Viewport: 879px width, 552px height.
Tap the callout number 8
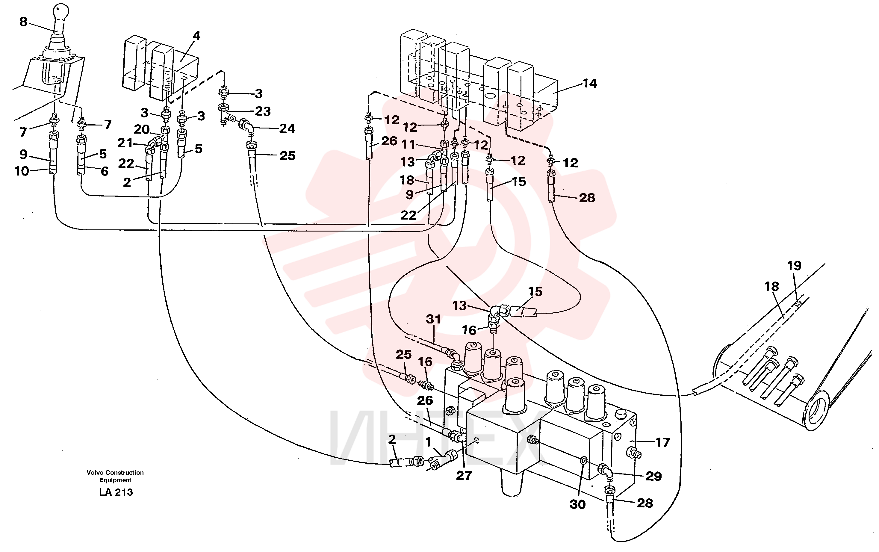23,22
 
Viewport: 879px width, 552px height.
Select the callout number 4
196,36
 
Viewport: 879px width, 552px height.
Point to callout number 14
589,84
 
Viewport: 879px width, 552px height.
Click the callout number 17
662,442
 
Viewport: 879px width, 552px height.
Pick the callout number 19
794,265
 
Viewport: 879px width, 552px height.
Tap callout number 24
287,128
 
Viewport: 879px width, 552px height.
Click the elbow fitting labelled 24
246,126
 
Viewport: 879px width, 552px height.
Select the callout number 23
263,111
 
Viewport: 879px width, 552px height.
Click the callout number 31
434,319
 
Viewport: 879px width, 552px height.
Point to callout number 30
577,504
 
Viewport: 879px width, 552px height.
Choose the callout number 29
653,476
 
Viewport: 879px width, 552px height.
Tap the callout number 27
464,475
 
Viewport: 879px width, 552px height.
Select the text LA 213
116,492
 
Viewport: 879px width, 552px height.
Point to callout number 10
22,171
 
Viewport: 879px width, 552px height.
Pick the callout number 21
125,143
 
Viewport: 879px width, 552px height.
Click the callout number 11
408,145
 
